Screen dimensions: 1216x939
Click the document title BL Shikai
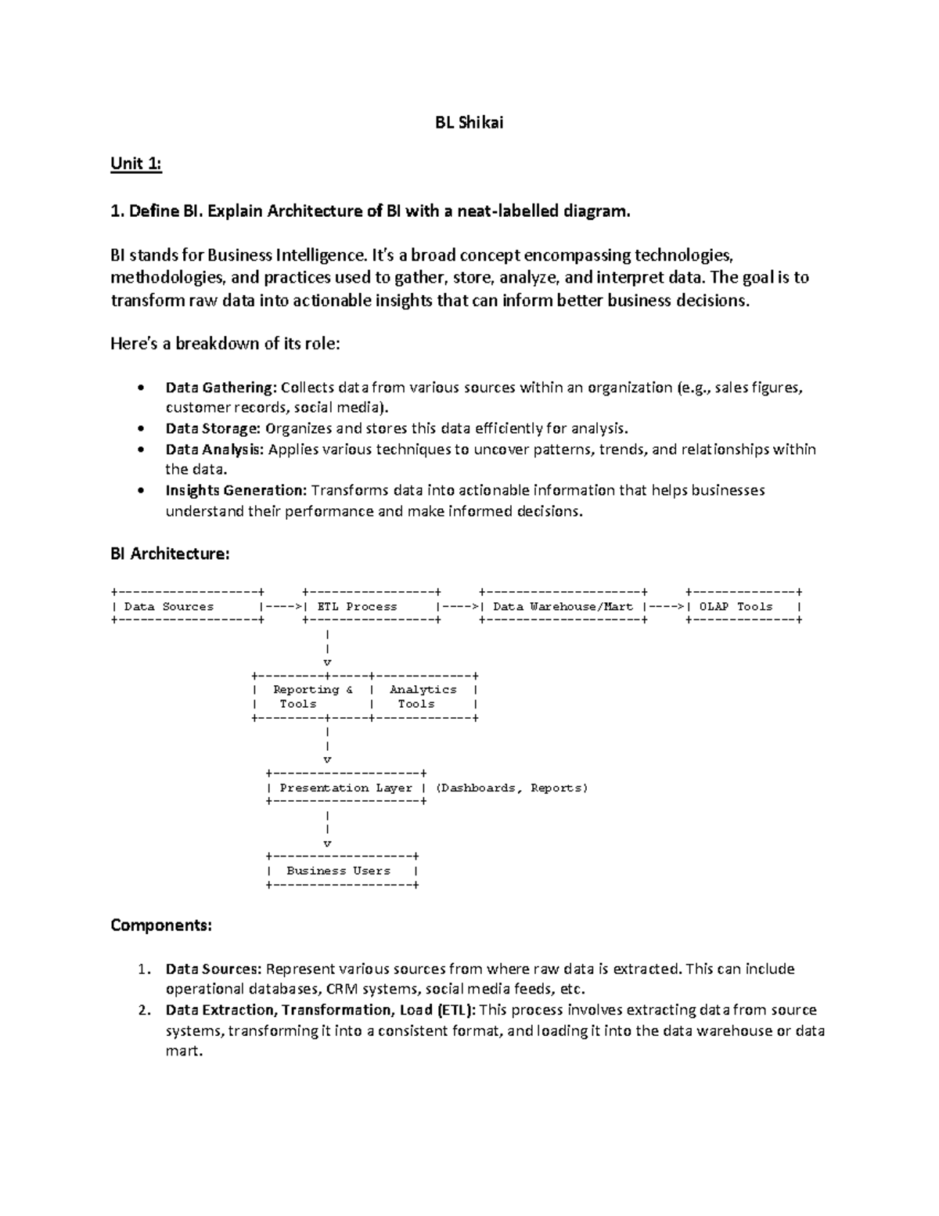click(x=469, y=122)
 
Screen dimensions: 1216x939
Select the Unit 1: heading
click(x=136, y=163)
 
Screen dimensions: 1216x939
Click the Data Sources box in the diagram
click(x=186, y=606)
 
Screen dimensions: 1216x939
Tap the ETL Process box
click(x=371, y=606)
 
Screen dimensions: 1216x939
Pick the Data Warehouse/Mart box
click(x=563, y=606)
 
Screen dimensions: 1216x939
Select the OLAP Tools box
click(x=743, y=606)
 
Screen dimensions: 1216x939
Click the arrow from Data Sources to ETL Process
click(x=282, y=606)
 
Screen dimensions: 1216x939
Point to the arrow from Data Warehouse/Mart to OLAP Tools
click(x=666, y=606)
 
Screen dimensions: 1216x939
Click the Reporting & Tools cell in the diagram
click(x=311, y=696)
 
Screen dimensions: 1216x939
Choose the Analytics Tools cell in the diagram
click(x=423, y=696)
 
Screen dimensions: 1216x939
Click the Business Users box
click(x=341, y=871)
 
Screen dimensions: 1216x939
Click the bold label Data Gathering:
click(x=221, y=387)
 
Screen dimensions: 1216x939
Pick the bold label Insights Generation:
click(x=236, y=490)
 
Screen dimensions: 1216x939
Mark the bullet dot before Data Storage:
click(x=140, y=428)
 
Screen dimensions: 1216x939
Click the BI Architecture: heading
click(x=170, y=554)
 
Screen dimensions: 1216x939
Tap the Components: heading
click(x=160, y=925)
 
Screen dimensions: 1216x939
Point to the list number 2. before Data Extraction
click(x=142, y=1010)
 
